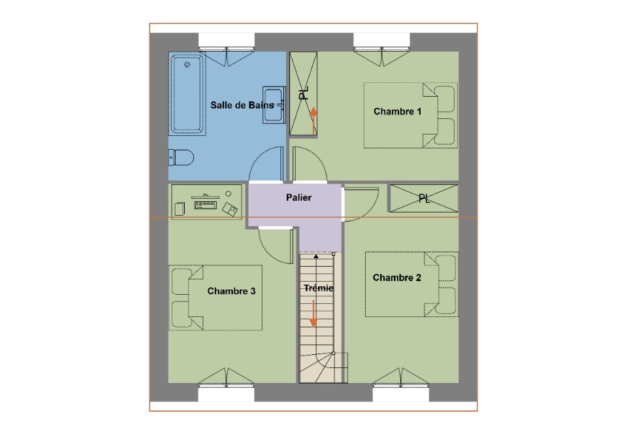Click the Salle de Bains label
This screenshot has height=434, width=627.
pos(242,105)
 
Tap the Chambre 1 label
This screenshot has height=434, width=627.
pos(397,112)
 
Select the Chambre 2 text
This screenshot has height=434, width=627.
pos(396,278)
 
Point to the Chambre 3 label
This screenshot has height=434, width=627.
pos(231,291)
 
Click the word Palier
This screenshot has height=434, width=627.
pos(298,197)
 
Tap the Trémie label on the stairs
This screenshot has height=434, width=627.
pos(318,288)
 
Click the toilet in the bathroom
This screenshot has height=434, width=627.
pos(181,158)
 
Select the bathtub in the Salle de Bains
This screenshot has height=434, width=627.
pos(187,94)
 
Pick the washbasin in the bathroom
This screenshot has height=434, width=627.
pos(274,105)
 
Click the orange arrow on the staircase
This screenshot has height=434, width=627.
pos(313,314)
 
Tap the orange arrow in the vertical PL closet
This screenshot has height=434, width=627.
pos(313,120)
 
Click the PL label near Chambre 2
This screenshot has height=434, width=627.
pos(424,199)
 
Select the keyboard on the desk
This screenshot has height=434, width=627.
pos(205,205)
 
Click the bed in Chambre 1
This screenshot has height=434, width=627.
pos(410,116)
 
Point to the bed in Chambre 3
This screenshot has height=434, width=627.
pos(216,297)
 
